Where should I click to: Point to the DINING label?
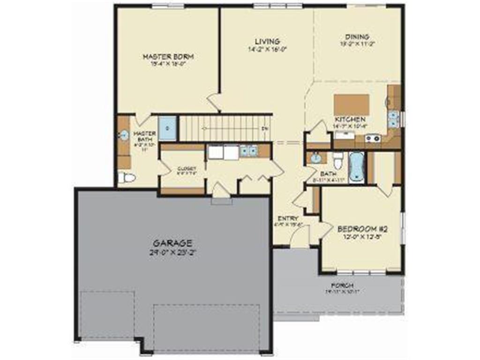(357, 37)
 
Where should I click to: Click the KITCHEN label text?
(349, 120)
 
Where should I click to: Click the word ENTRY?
(288, 218)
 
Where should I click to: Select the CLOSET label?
(186, 169)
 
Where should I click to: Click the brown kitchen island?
(351, 104)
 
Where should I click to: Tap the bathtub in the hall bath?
(358, 166)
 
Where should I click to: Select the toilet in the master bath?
(126, 178)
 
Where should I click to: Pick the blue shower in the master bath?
(167, 127)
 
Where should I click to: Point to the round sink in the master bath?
(124, 135)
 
